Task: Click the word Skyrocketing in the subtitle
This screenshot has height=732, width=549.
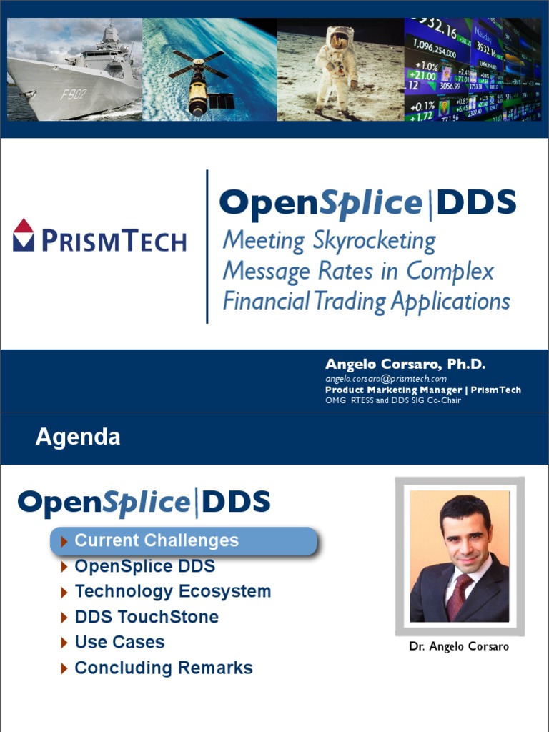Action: (x=374, y=241)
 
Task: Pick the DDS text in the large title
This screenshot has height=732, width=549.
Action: (x=475, y=204)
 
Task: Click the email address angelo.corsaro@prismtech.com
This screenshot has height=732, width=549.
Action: (x=385, y=378)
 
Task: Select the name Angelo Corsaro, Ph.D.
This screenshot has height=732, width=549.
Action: (x=405, y=365)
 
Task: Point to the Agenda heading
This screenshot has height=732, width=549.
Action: (x=78, y=437)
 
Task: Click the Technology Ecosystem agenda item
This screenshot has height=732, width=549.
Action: (x=172, y=592)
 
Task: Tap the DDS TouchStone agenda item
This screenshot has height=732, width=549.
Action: (x=147, y=617)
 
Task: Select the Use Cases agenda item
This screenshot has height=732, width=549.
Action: (x=119, y=643)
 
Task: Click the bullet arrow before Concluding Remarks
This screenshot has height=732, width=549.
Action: (x=65, y=669)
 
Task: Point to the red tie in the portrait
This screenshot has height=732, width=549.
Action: (x=455, y=595)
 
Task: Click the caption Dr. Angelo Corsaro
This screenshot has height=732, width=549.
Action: (x=459, y=646)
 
